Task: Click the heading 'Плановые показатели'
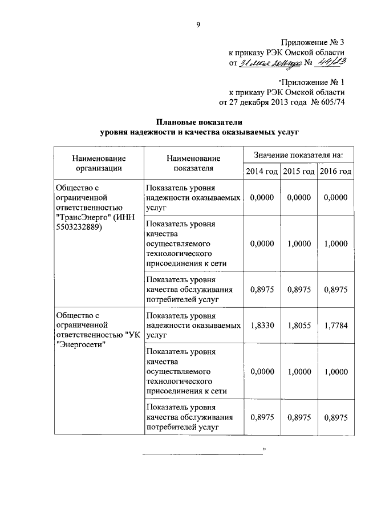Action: pos(200,121)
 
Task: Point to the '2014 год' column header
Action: pos(262,172)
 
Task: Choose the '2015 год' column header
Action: pos(299,172)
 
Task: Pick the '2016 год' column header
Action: pos(335,172)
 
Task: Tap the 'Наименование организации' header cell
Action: pos(99,163)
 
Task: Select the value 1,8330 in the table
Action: pos(262,324)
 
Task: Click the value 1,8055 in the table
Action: pos(299,324)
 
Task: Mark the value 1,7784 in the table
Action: pos(335,324)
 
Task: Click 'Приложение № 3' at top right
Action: pos(313,42)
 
